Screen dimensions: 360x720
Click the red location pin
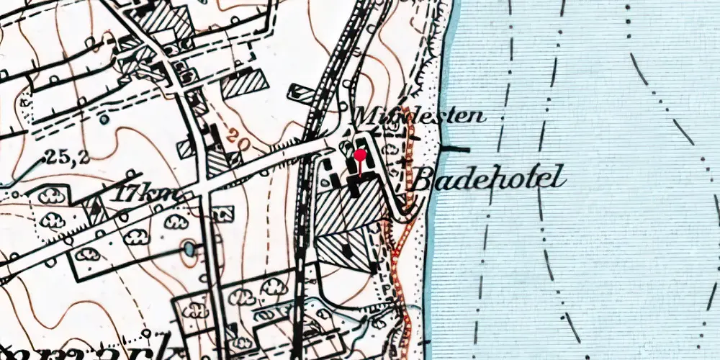pos(360,156)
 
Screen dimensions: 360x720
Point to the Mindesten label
pos(419,114)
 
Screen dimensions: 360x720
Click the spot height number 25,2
pos(68,156)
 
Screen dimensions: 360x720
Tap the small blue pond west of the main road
pos(189,248)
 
